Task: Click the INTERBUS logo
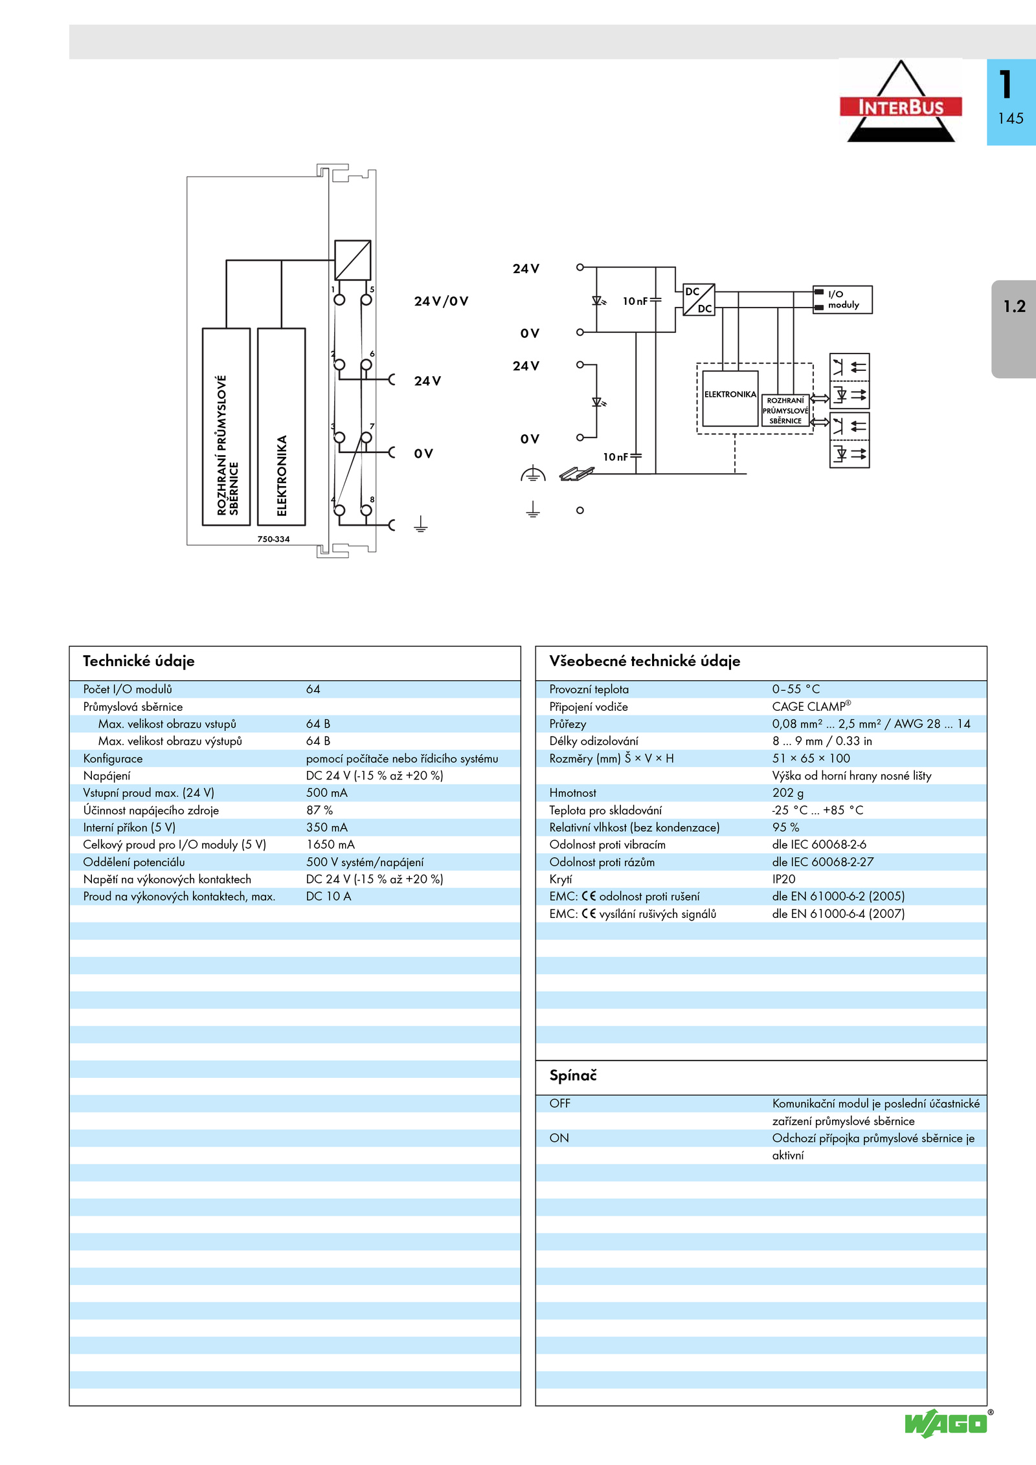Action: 900,104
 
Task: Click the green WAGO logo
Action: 946,1424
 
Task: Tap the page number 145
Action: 1010,118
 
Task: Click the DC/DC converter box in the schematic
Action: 699,300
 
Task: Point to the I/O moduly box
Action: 842,300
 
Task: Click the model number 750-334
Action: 273,539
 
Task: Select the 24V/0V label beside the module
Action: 441,301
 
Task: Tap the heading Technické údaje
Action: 139,661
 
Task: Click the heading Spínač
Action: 573,1075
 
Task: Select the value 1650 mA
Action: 330,844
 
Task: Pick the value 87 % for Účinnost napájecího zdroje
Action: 319,810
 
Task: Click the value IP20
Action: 783,879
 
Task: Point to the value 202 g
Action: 787,792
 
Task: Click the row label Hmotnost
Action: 572,792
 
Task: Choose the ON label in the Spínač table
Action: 559,1138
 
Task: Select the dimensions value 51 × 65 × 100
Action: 811,758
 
